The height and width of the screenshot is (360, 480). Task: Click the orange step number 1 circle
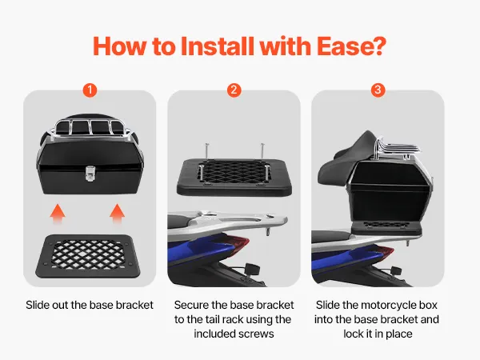(90, 90)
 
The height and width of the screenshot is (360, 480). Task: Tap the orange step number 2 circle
(234, 90)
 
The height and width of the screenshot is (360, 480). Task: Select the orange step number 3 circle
(378, 90)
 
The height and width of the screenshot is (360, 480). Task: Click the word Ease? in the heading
(351, 46)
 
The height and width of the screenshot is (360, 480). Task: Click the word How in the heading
(119, 46)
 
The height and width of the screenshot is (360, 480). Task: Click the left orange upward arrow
(58, 214)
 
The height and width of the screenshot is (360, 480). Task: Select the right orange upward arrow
(118, 214)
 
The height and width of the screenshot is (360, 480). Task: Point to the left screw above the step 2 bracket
(207, 151)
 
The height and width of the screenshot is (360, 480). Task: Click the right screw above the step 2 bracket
(262, 151)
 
